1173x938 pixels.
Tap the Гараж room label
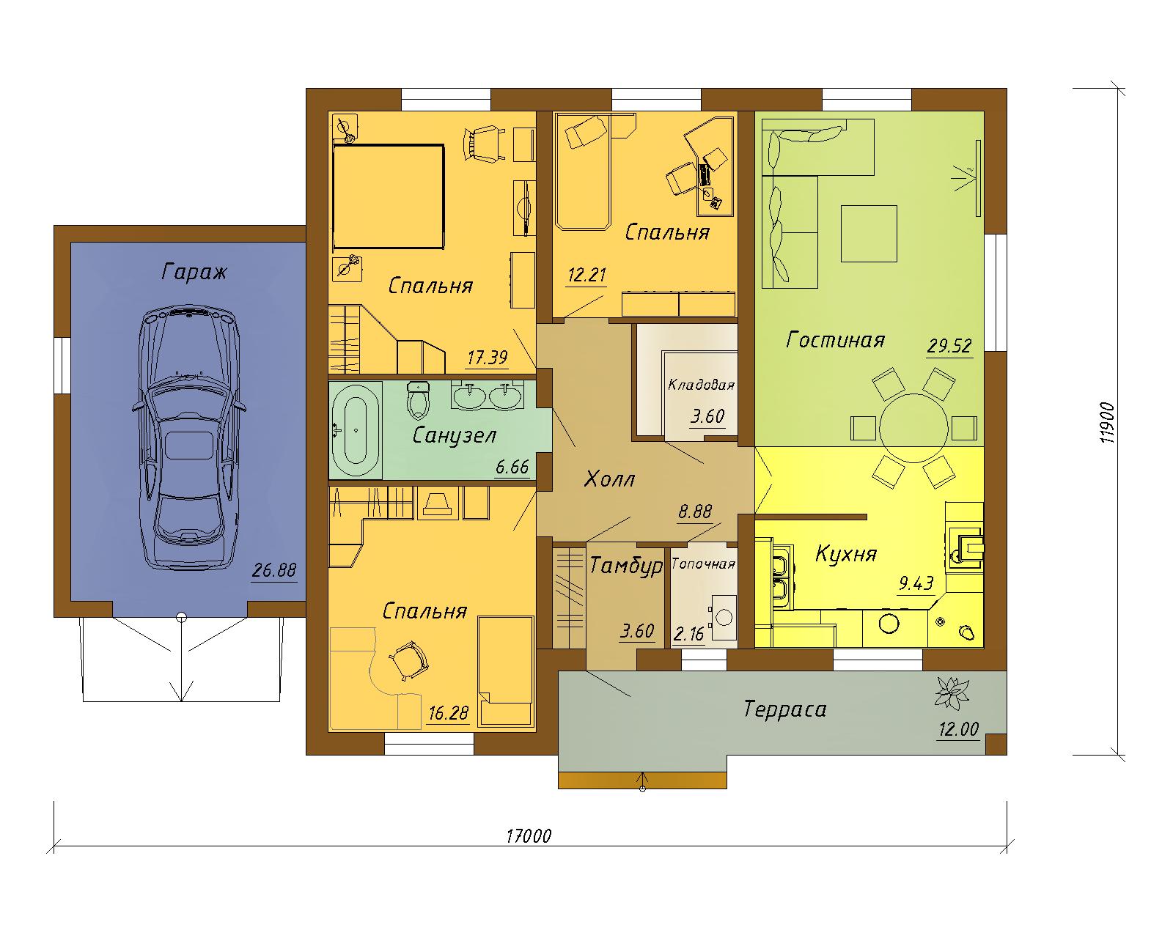pos(194,271)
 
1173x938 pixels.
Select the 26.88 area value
pos(273,570)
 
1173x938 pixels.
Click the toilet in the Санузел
pos(419,400)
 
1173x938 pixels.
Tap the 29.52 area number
pos(949,346)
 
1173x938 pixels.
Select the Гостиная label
pos(835,340)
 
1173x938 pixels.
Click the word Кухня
pos(846,554)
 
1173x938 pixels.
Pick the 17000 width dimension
pos(529,851)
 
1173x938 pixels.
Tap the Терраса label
pos(785,709)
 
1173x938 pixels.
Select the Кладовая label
pos(701,385)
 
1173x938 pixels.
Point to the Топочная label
pos(703,564)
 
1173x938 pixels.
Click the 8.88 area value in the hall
pos(695,512)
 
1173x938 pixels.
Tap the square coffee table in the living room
pos(869,233)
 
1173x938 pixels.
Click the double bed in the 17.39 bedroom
pos(388,196)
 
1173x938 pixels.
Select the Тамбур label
pos(626,566)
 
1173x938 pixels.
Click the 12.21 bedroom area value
pos(586,275)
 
